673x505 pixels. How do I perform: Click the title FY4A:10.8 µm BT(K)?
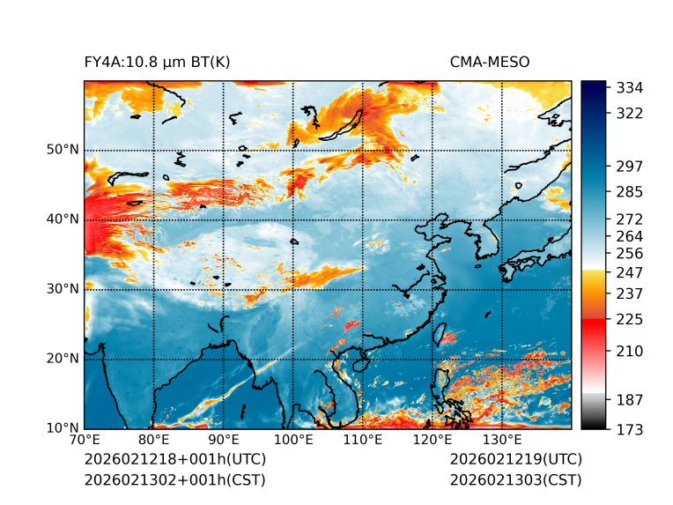click(157, 62)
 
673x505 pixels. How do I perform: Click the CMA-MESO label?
click(489, 62)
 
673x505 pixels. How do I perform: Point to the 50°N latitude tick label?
click(63, 149)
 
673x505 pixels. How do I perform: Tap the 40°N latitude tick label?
click(63, 219)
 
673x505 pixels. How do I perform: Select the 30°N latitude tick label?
click(63, 288)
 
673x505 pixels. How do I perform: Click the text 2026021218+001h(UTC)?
click(174, 459)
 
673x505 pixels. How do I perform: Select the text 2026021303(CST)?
click(515, 479)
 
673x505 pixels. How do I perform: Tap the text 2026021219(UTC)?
click(515, 459)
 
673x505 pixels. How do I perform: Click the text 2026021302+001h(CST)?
click(174, 479)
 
